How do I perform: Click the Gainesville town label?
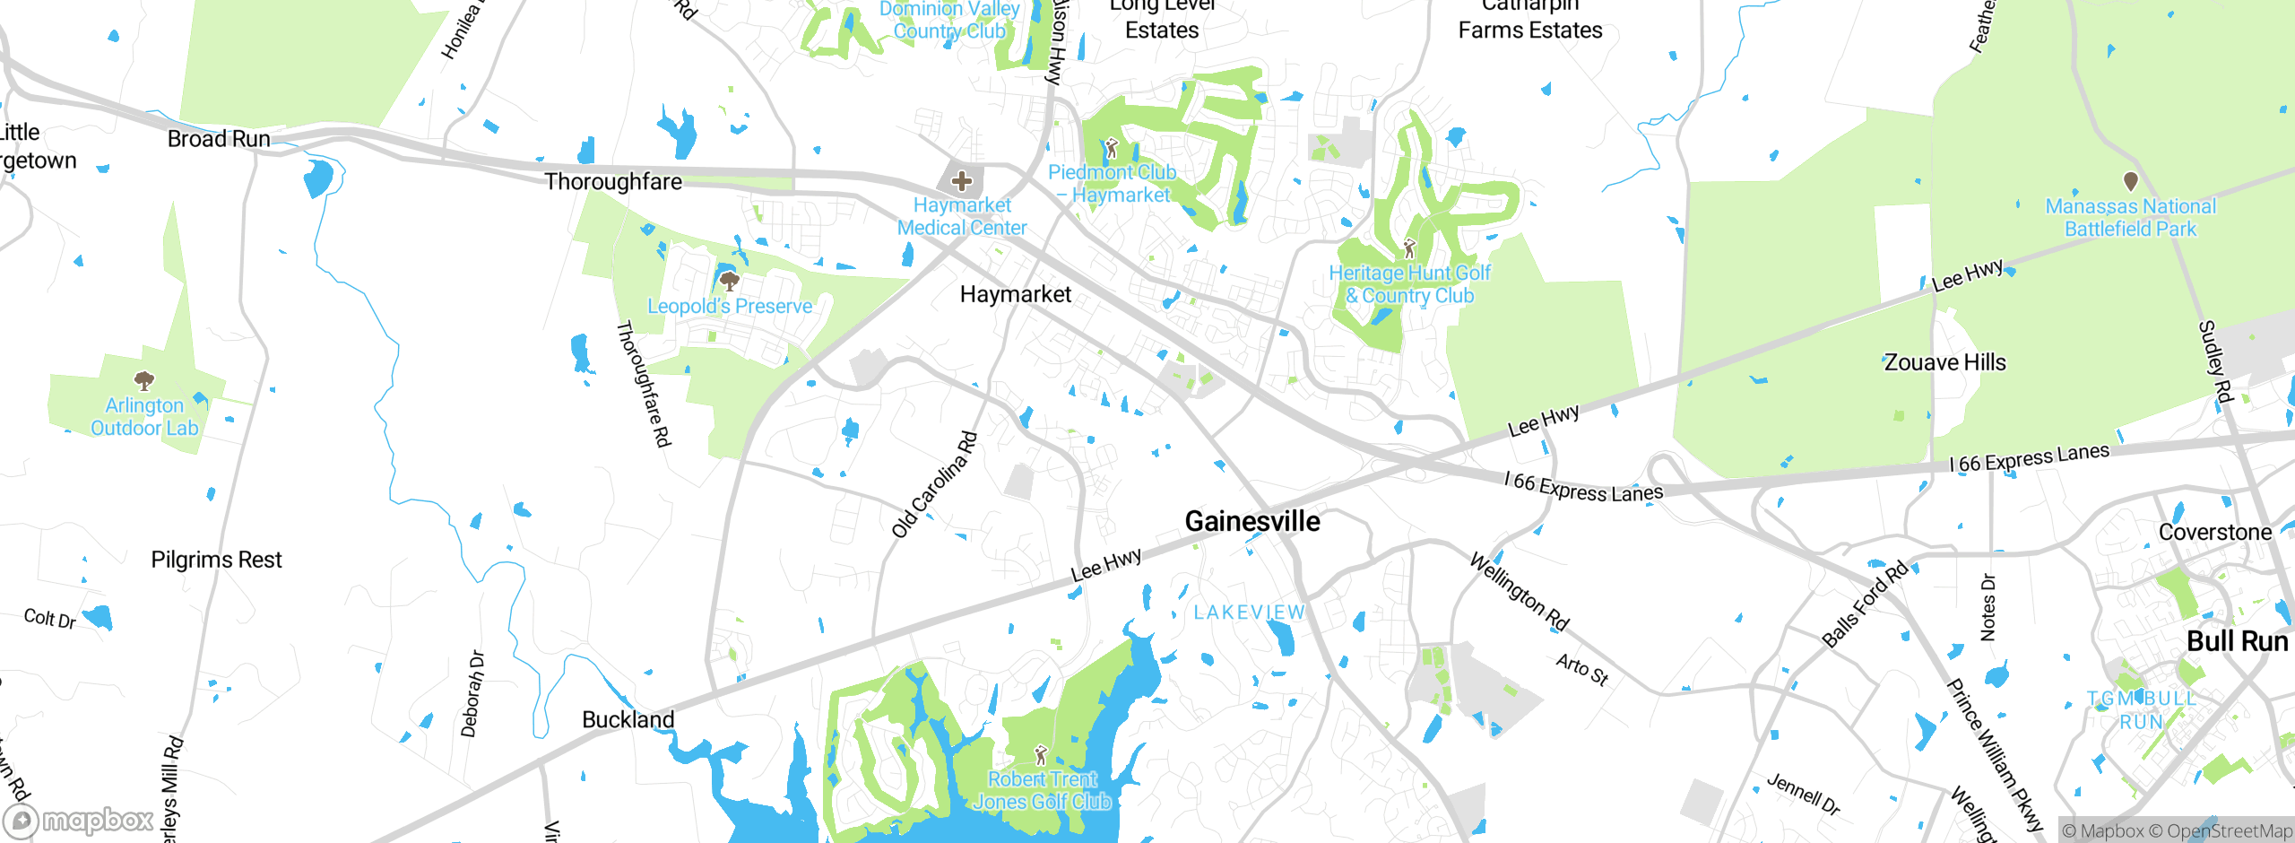[x=1252, y=521]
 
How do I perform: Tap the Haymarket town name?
[x=1015, y=294]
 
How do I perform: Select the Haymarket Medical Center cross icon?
[x=962, y=181]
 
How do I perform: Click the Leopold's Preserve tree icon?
[x=730, y=282]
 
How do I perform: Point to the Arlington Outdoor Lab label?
[x=144, y=417]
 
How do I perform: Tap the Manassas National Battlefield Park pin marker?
[x=2131, y=181]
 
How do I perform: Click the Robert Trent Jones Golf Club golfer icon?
[x=1041, y=755]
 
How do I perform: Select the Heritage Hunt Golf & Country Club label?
[x=1409, y=284]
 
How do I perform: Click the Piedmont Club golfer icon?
[x=1112, y=147]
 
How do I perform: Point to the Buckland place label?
[x=628, y=719]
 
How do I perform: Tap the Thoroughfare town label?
[x=613, y=182]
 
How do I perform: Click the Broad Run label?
[x=219, y=139]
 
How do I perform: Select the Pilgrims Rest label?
[x=216, y=560]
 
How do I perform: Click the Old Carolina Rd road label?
[x=935, y=484]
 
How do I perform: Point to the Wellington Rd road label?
[x=1520, y=592]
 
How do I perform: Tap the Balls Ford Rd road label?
[x=1866, y=604]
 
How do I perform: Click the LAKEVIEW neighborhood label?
[x=1249, y=613]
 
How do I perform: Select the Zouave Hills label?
[x=1944, y=362]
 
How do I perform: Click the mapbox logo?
[x=79, y=820]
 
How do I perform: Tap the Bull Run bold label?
[x=2237, y=641]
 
